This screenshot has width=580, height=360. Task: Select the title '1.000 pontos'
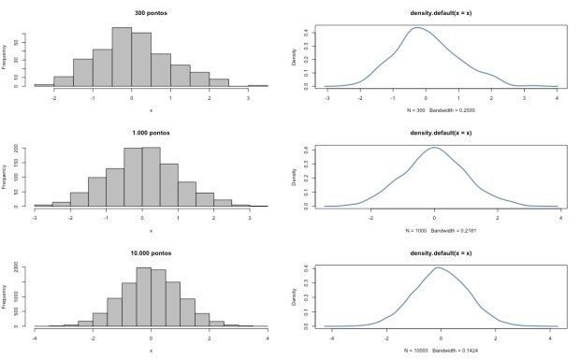[x=151, y=132]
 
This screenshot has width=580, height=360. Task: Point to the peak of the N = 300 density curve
[x=417, y=28]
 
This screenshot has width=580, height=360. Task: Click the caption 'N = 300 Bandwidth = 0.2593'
[x=441, y=110]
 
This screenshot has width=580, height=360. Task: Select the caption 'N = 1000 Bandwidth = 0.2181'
[x=441, y=230]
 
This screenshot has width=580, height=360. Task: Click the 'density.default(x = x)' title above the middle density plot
[x=441, y=132]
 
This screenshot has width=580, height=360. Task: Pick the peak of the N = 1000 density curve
[x=435, y=148]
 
